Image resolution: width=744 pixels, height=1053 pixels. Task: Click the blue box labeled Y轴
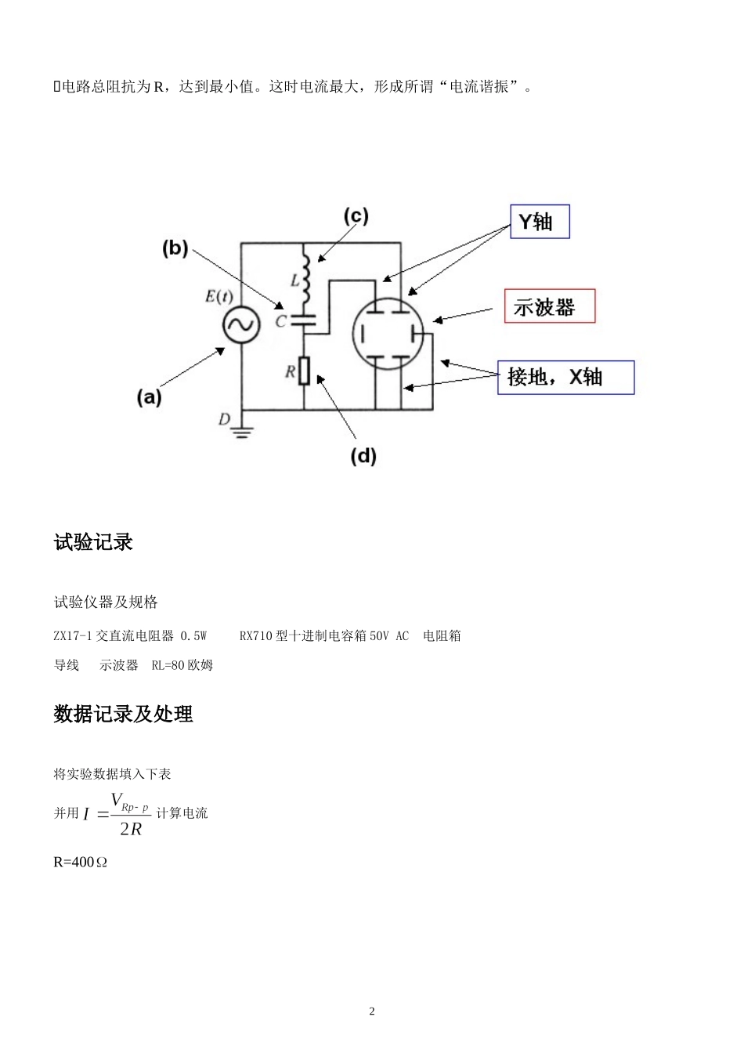click(540, 222)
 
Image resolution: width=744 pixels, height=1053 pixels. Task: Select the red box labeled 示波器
click(549, 306)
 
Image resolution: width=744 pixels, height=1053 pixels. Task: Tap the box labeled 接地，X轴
click(565, 378)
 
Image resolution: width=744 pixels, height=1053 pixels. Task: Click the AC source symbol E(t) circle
click(240, 325)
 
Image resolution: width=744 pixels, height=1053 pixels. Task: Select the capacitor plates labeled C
click(303, 320)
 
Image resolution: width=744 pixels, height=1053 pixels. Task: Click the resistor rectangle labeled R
click(304, 371)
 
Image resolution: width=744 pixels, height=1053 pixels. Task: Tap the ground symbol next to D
click(241, 430)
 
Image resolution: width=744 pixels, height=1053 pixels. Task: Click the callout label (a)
click(149, 397)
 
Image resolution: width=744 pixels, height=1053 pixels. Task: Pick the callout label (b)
click(175, 248)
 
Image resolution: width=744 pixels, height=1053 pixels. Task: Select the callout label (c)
click(356, 216)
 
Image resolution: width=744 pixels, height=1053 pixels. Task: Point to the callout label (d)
click(363, 455)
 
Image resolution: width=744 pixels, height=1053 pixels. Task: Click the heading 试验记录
click(93, 542)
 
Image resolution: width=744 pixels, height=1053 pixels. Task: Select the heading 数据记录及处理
click(123, 714)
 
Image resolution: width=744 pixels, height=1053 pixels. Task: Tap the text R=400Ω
click(80, 862)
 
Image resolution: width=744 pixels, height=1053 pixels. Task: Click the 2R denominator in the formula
click(131, 829)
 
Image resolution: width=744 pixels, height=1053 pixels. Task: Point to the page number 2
click(372, 1011)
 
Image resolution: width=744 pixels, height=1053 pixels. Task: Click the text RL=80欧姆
click(182, 665)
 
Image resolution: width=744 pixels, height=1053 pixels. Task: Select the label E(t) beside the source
click(219, 296)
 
